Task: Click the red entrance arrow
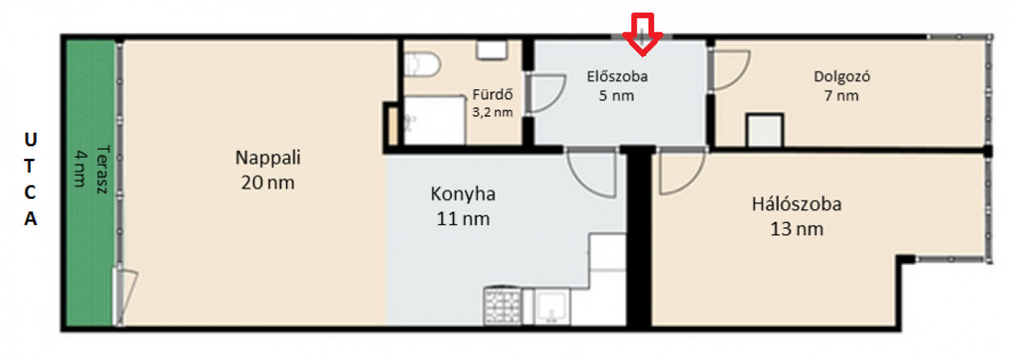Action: click(x=643, y=34)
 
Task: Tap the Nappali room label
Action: click(x=268, y=157)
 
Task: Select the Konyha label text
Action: click(x=463, y=194)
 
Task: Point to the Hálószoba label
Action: click(x=797, y=204)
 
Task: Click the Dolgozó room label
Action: click(x=842, y=77)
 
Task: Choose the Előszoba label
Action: click(x=617, y=77)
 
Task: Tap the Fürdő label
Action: click(x=492, y=94)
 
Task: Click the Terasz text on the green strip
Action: click(x=103, y=169)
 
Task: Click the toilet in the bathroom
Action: click(x=422, y=64)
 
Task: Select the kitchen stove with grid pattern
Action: click(x=502, y=306)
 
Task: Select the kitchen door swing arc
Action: click(x=582, y=182)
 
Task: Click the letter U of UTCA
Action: click(x=30, y=140)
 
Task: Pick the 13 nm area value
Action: click(x=797, y=229)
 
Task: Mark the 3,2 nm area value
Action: click(x=492, y=112)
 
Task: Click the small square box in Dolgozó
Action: click(x=765, y=130)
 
